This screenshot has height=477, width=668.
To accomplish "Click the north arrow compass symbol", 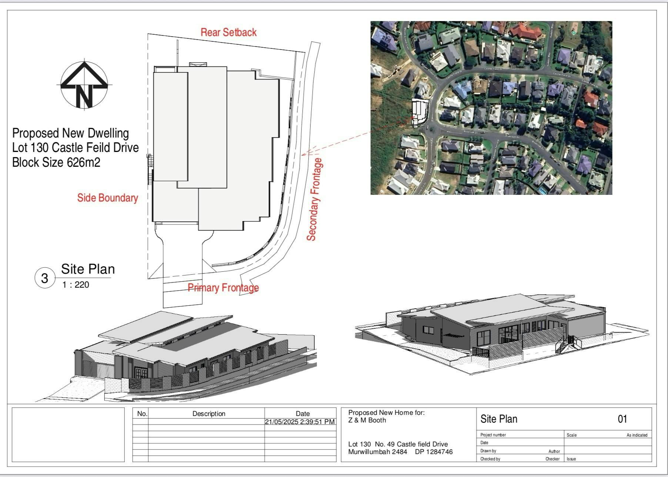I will point(84,85).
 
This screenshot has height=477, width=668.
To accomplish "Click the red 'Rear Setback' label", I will point(228,33).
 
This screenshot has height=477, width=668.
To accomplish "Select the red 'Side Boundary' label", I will point(107,198).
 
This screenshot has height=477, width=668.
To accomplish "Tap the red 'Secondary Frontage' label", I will point(314,200).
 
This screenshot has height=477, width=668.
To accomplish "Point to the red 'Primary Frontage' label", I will point(223,288).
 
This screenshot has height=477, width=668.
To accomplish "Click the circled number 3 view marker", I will point(45,278).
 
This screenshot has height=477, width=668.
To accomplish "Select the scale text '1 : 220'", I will point(76,285).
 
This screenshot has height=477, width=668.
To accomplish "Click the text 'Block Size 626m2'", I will point(56,162).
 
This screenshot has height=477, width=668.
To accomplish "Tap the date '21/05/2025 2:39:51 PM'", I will point(300,422).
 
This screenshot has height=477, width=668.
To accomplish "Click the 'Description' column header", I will point(209,414).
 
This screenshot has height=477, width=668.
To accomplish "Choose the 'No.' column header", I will point(142,414).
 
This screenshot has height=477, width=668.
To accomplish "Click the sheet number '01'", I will point(622,419).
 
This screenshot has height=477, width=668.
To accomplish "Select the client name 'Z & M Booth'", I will point(367,420).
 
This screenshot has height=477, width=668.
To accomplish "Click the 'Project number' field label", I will point(493,435).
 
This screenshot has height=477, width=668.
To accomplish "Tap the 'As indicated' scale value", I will point(637,435).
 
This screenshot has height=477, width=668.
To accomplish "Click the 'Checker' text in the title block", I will point(552,459).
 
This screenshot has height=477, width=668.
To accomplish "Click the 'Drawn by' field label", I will point(488,451).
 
